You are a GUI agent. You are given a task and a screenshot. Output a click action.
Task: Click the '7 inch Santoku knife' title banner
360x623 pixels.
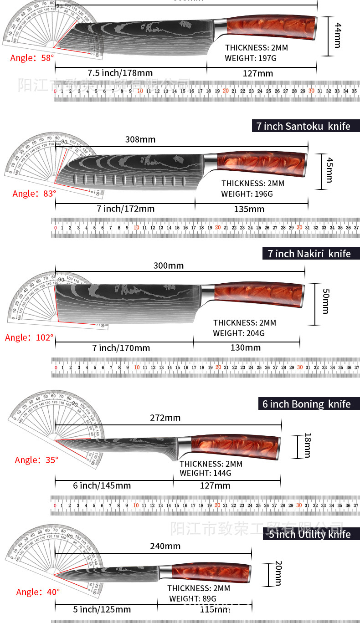pyautogui.click(x=306, y=126)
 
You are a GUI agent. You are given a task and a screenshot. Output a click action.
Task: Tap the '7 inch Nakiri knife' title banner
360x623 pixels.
pyautogui.click(x=311, y=253)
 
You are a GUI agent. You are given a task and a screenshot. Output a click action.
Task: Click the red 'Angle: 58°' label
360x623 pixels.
pyautogui.click(x=32, y=58)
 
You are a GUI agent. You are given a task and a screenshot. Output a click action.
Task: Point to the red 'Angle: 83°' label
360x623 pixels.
pyautogui.click(x=34, y=194)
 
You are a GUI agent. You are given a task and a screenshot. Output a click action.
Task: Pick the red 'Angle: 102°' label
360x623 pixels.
pyautogui.click(x=29, y=338)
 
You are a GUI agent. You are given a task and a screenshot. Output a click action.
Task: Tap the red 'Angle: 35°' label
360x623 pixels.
pyautogui.click(x=36, y=460)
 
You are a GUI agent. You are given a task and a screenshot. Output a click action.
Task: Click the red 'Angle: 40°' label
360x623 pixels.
pyautogui.click(x=38, y=592)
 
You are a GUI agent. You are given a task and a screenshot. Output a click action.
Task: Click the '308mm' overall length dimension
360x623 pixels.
pyautogui.click(x=140, y=139)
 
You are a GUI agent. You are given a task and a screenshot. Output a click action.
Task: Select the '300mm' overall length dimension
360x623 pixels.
pyautogui.click(x=169, y=266)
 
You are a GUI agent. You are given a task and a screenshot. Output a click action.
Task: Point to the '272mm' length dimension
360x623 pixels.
pyautogui.click(x=165, y=418)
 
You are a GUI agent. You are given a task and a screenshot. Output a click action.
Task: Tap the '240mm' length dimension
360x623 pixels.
pyautogui.click(x=165, y=546)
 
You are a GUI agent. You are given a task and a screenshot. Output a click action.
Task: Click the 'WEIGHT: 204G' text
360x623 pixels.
pyautogui.click(x=238, y=333)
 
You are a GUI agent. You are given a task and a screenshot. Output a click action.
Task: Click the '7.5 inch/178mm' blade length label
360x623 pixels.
pyautogui.click(x=120, y=73)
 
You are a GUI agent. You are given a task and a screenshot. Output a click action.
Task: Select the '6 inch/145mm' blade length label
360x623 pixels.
pyautogui.click(x=102, y=485)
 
